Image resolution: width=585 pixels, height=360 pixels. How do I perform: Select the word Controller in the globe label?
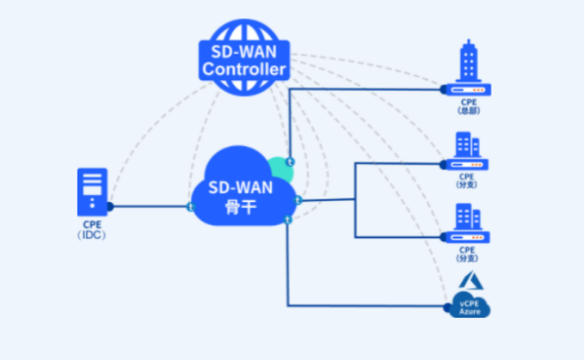[x=243, y=70]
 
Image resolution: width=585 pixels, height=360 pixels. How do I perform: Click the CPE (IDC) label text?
[x=93, y=230]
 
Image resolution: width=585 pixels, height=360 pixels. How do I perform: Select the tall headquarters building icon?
[x=469, y=62]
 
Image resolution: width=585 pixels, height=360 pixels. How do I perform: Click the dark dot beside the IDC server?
[x=110, y=206]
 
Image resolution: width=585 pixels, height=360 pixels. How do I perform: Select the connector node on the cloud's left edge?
[x=191, y=206]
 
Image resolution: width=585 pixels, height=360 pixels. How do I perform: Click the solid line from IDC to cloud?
[x=151, y=206]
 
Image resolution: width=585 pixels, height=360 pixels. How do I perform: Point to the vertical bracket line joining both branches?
[x=355, y=200]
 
